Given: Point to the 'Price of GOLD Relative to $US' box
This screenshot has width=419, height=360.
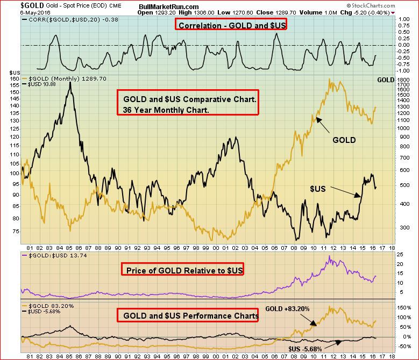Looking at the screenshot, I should [183, 269].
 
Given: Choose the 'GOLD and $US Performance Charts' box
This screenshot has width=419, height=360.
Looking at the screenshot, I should [187, 316].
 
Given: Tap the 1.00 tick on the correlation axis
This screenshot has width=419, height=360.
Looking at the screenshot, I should [403, 19].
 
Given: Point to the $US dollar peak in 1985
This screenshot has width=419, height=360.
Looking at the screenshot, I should [70, 82].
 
